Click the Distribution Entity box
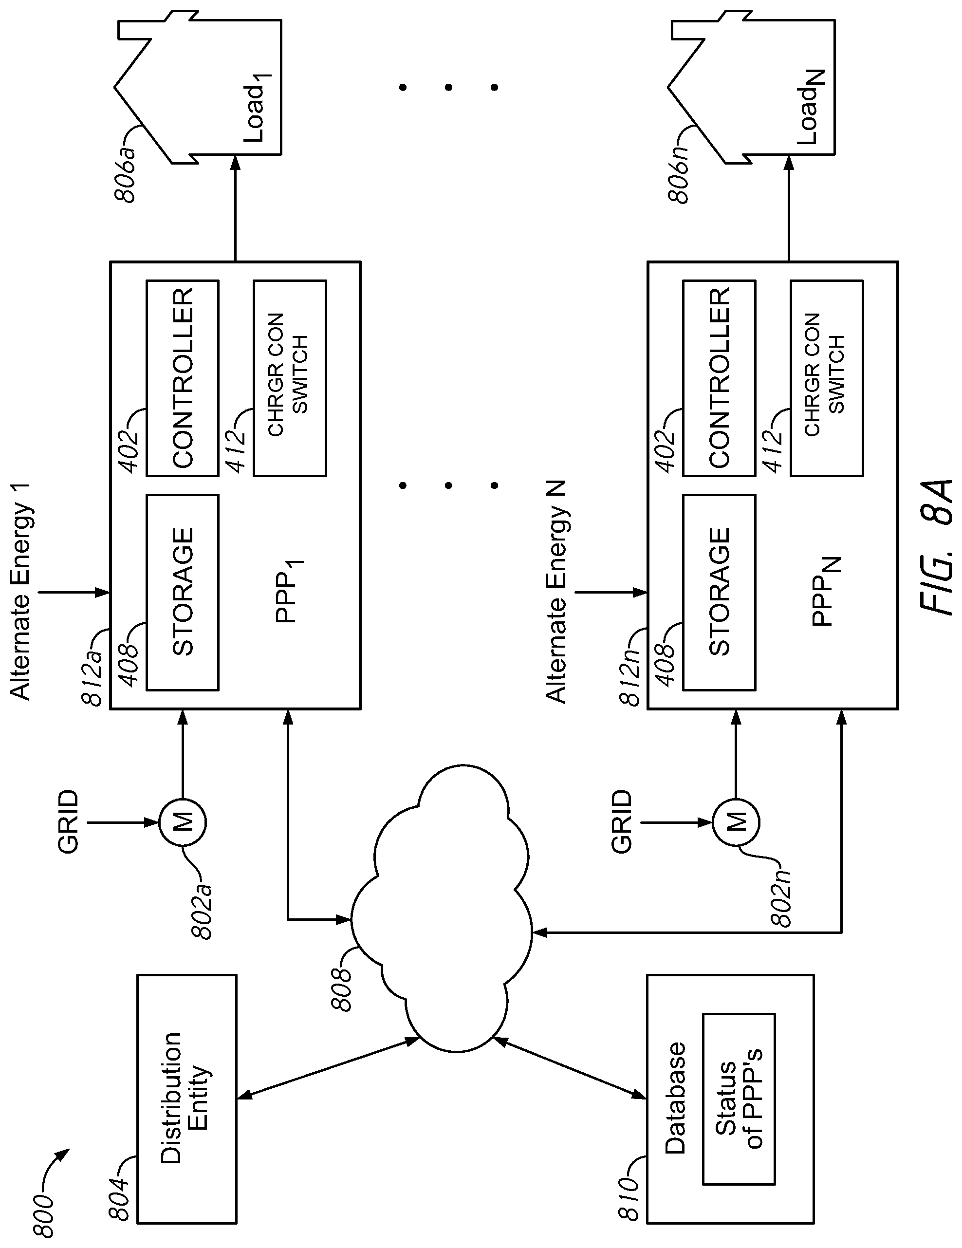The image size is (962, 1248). pyautogui.click(x=186, y=1098)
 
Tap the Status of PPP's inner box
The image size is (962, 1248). pyautogui.click(x=738, y=1098)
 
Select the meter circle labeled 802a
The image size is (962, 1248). pyautogui.click(x=182, y=822)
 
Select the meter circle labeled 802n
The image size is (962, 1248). pyautogui.click(x=735, y=822)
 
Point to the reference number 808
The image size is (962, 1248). pyautogui.click(x=343, y=988)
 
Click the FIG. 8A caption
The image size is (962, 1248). pyautogui.click(x=937, y=547)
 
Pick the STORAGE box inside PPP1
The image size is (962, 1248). pyautogui.click(x=182, y=592)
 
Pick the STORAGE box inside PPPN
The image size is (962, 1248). pyautogui.click(x=719, y=592)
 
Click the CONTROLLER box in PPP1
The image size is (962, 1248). pyautogui.click(x=182, y=378)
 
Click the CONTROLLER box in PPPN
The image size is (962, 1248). pyautogui.click(x=719, y=378)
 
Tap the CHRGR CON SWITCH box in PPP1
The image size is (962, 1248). pyautogui.click(x=290, y=378)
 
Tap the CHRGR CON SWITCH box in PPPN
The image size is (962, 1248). pyautogui.click(x=826, y=378)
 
